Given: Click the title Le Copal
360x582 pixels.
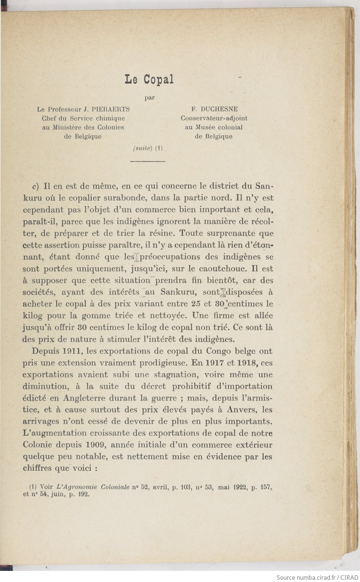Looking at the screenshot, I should (149, 80).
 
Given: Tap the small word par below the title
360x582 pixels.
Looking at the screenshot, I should (150, 98).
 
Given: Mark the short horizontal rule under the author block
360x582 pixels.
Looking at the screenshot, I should (148, 161).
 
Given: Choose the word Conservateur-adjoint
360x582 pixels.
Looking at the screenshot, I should (214, 118).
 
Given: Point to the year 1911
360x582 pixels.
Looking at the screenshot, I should (72, 351).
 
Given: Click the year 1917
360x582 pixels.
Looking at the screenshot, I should (213, 363).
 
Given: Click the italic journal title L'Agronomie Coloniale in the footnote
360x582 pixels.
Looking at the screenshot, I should (93, 487).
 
